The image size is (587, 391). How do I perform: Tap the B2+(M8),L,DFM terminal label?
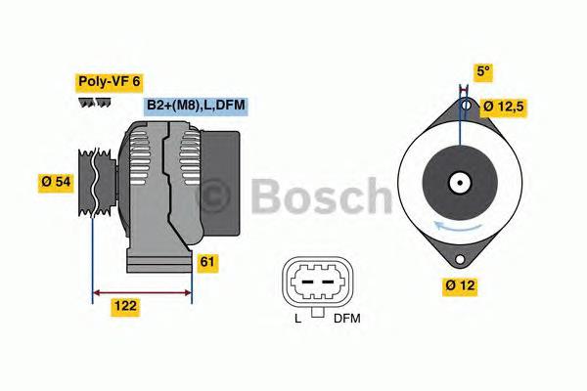click(x=194, y=106)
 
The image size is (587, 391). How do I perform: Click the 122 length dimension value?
click(x=124, y=306)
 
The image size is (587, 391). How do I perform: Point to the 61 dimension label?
click(x=206, y=262)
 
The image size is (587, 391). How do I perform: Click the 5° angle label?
click(x=482, y=71)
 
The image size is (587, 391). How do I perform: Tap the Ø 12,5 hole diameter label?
click(x=518, y=105)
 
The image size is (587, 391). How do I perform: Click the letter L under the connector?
click(x=297, y=319)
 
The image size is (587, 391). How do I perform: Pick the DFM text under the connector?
click(x=347, y=319)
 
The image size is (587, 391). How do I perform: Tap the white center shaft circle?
click(x=458, y=182)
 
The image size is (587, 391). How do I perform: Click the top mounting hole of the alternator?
click(x=467, y=105)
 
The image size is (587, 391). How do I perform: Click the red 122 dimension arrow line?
click(x=143, y=290)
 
